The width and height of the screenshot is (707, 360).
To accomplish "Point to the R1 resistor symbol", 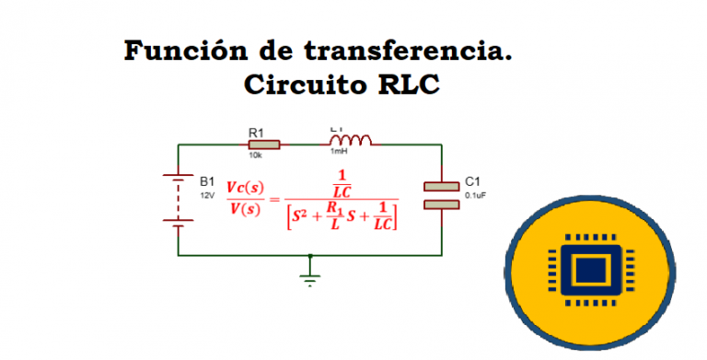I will point(264,145).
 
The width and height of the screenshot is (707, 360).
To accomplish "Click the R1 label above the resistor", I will point(258,133).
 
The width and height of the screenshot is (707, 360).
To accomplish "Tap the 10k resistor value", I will point(254,156).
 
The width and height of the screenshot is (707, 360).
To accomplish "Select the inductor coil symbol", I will point(351,141).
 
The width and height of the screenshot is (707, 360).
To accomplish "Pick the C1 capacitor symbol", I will point(441,195).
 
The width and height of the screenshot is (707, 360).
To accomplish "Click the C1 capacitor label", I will point(473,181).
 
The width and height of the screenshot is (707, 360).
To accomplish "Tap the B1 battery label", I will point(207,181).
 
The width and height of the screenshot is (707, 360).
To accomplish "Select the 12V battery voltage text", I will point(207,195).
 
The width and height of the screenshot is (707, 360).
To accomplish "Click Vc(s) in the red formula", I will point(245,187).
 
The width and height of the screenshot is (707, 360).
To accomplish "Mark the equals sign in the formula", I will point(273,198).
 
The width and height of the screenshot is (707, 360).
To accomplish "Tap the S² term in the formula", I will point(301,217).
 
